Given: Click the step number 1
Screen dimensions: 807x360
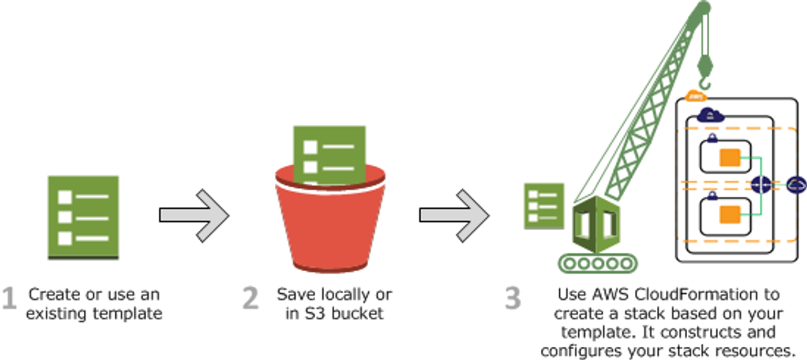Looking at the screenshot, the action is [8, 299].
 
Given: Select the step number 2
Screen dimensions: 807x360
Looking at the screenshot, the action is [250, 299].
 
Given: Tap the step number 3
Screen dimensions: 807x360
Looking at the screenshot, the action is [514, 299].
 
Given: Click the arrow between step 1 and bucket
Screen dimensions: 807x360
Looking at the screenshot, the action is [194, 215].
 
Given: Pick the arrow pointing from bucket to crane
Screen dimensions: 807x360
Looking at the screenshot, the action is [454, 215].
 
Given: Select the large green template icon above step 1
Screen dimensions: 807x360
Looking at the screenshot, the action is [83, 217].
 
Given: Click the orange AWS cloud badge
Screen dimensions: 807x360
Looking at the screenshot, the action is [695, 97].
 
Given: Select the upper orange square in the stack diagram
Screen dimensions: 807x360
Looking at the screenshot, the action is [729, 157].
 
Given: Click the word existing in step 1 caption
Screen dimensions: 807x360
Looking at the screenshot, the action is [52, 313].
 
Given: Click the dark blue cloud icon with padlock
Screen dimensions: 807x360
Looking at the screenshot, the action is [710, 115].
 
